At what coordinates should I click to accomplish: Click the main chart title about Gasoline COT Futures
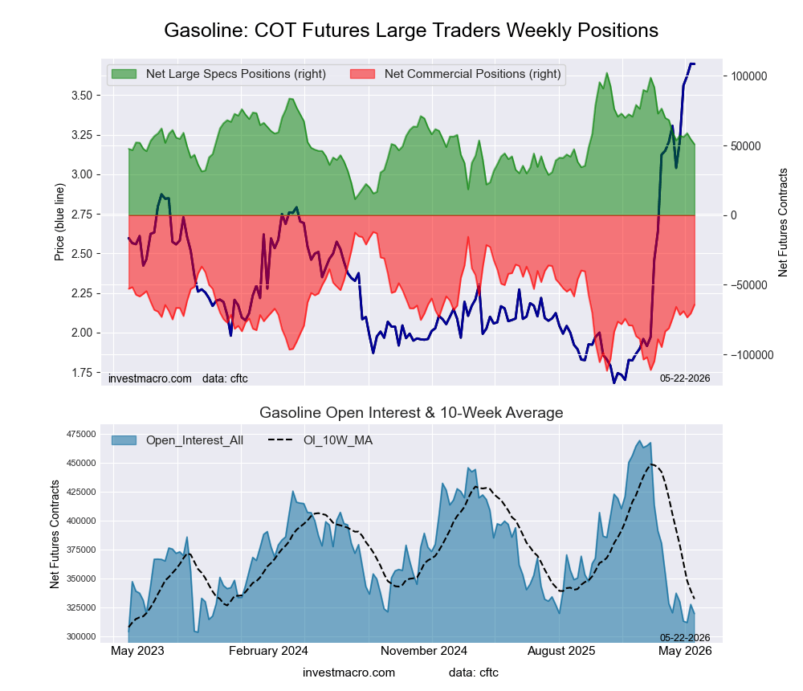pos(410,31)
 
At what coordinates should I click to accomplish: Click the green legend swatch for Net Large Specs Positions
pos(124,74)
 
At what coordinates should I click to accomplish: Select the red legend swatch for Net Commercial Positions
pos(363,74)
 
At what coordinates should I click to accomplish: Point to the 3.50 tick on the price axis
pos(81,96)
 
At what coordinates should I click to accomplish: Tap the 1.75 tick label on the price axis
pos(81,373)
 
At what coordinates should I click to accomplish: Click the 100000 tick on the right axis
pos(749,76)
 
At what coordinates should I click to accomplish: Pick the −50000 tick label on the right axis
pos(749,285)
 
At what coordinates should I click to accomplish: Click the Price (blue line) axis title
pos(59,222)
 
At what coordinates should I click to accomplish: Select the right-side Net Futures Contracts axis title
pos(782,223)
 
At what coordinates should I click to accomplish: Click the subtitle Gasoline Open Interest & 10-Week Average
pos(411,413)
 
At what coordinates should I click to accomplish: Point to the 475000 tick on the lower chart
pos(81,434)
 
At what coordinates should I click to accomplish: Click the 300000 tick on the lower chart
pos(81,636)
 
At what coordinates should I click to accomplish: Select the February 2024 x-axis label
pos(268,651)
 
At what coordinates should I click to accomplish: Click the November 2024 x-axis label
pos(424,651)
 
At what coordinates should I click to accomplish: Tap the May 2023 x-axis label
pos(138,651)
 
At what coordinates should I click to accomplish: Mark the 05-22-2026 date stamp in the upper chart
pos(685,378)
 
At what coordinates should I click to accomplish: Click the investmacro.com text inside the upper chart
pos(150,378)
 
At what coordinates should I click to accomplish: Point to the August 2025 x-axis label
pos(561,651)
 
